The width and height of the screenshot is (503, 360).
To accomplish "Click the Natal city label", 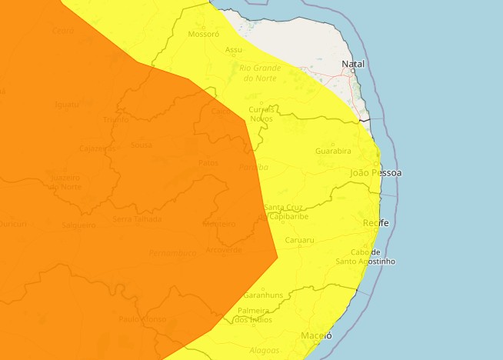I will point(355,64).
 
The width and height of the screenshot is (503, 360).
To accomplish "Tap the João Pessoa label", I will point(375,173).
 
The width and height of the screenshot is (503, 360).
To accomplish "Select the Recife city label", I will point(376,223).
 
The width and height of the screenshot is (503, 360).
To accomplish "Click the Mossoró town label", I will point(203,34).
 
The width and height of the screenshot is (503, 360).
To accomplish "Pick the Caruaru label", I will point(300,240).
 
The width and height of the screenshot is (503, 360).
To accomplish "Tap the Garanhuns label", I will point(263,295).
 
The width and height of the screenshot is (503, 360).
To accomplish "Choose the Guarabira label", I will point(333,151).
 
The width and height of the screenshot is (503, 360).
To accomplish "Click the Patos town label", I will point(208,163).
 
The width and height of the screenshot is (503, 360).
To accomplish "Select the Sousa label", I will point(142,145).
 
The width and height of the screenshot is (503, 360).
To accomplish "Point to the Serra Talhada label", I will point(138,218).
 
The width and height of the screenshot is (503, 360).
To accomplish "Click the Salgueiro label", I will point(78,225).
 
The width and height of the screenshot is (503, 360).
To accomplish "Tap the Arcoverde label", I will point(225,249).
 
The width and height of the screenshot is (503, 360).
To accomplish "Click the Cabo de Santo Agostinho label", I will point(365,257).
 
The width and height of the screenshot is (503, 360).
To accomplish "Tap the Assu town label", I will point(234,50).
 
